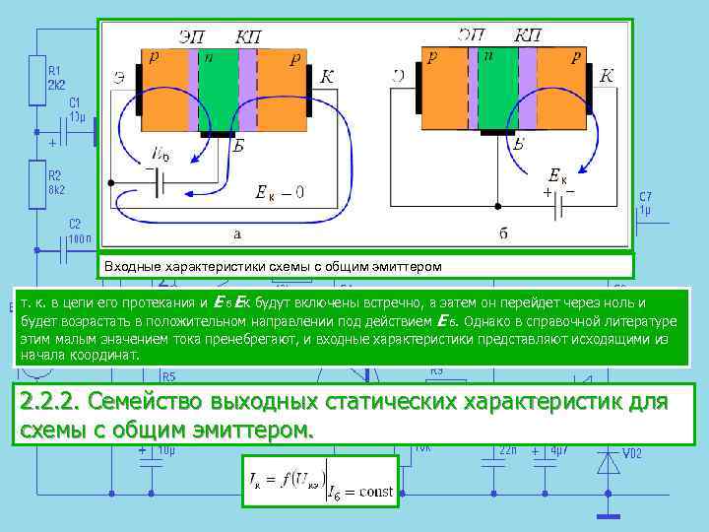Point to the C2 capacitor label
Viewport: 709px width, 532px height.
75,224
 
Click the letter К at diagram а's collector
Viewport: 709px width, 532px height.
327,77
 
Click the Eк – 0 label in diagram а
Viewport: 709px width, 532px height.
279,192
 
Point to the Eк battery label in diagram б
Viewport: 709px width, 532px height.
557,177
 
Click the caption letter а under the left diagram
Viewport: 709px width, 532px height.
236,233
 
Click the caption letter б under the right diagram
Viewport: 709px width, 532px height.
503,233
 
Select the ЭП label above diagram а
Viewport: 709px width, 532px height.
193,36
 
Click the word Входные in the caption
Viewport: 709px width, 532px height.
136,266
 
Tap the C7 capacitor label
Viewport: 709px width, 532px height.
645,196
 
